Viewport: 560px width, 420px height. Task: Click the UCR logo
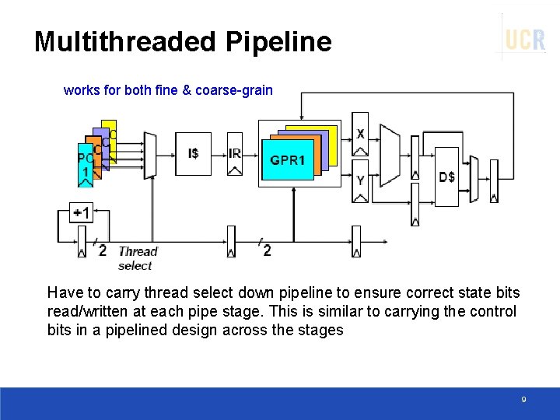[x=524, y=39]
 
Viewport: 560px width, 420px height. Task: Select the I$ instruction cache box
[x=193, y=154]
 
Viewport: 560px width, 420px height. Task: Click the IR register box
[x=235, y=154]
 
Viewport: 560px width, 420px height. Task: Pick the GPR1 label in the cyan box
[x=288, y=160]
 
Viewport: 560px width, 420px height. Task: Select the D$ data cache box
[x=446, y=177]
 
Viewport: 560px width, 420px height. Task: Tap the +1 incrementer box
[x=81, y=212]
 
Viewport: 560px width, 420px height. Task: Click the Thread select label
[x=137, y=258]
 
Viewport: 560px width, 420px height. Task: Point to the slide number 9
[x=523, y=400]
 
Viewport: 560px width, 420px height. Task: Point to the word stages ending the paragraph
[x=324, y=330]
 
